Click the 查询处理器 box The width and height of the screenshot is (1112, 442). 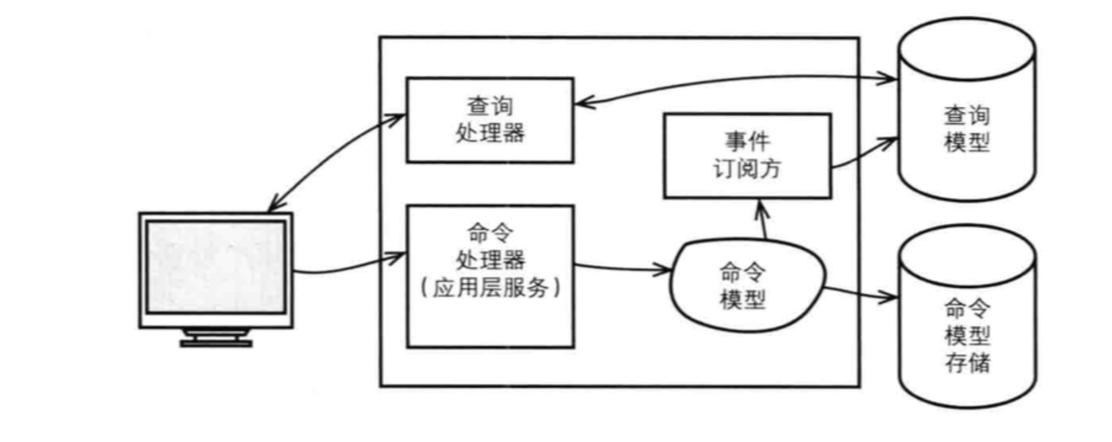pos(490,120)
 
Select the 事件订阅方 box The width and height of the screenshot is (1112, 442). pos(747,156)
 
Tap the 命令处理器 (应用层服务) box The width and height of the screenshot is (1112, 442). pos(490,276)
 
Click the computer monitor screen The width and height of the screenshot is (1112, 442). pos(216,268)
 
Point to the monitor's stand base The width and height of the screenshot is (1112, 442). pos(216,342)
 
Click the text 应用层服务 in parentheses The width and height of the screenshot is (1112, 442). pos(490,287)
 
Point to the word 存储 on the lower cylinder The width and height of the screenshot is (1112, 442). pos(967,362)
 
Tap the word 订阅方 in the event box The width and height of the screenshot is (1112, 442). pos(747,169)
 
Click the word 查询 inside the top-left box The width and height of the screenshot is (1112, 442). pos(490,106)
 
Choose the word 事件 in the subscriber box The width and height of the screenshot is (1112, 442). pos(747,142)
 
